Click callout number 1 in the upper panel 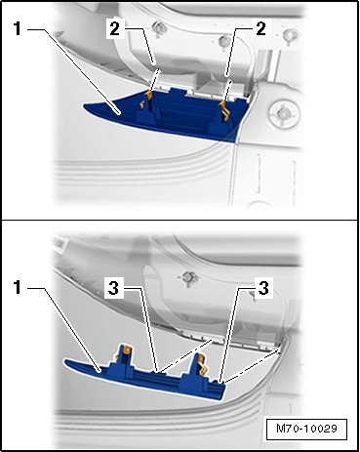tap(18, 29)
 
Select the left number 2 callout tap(114, 29)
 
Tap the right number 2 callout tap(260, 29)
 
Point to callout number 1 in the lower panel tap(18, 288)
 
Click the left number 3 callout tap(113, 288)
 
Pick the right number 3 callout tap(263, 288)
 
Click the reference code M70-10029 tap(306, 429)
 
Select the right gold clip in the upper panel tap(225, 110)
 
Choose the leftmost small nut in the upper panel tap(159, 27)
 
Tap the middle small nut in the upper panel tap(224, 41)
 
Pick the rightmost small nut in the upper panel tap(289, 34)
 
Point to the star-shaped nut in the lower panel tap(187, 277)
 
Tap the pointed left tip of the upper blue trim tap(83, 106)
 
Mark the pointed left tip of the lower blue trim tap(64, 361)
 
